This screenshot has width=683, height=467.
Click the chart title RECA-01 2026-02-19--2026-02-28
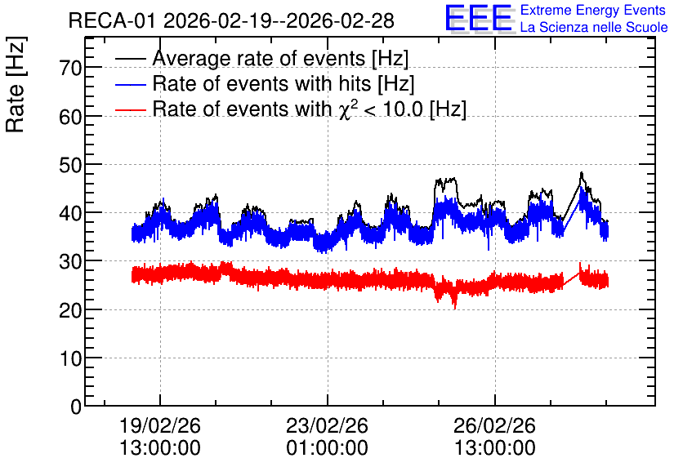(x=231, y=20)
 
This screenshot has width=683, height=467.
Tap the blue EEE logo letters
(x=479, y=18)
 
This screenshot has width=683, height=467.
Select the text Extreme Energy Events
(x=593, y=10)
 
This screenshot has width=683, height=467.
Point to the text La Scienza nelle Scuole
(x=594, y=28)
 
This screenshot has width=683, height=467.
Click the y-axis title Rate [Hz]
(x=16, y=84)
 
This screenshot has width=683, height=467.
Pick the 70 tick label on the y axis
(x=70, y=69)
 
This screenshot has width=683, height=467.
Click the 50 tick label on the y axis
(x=70, y=166)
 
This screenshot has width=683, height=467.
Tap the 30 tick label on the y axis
(x=70, y=262)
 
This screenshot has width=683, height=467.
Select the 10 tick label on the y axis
(x=70, y=359)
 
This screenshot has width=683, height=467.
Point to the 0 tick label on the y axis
(x=76, y=407)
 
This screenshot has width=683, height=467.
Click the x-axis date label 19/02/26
(x=160, y=425)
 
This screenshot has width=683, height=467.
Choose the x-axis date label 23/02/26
(x=327, y=425)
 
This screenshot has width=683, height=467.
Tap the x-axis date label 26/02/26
(x=495, y=425)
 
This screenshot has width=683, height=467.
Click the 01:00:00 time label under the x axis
(x=327, y=448)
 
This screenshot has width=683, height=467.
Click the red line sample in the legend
(x=130, y=110)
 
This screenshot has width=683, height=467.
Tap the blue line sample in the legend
(x=130, y=84)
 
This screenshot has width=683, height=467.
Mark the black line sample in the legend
(x=130, y=59)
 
